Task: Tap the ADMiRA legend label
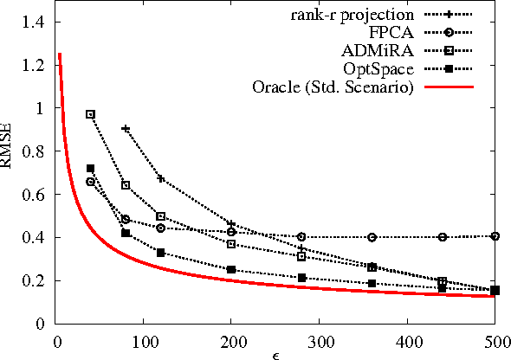point(386,51)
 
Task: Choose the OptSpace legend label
point(385,69)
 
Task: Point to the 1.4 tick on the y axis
point(33,22)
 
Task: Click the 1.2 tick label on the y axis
point(33,66)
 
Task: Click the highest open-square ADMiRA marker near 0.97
point(90,114)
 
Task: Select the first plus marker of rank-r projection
point(126,128)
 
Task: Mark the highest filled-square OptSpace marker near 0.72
point(90,169)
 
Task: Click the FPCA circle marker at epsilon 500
point(495,235)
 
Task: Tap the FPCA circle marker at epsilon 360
point(372,237)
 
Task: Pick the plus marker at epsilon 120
point(160,178)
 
